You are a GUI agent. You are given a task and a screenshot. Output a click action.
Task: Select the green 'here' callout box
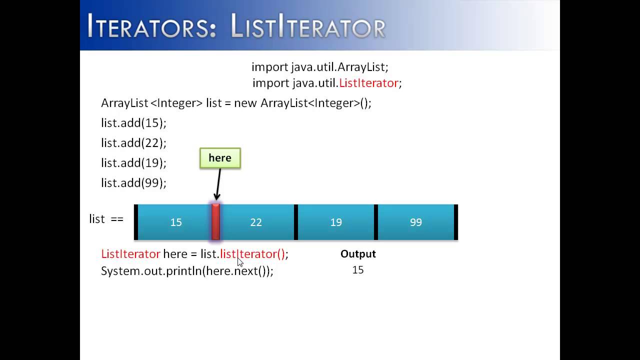(x=220, y=158)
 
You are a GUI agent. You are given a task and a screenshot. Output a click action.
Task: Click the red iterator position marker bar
(x=215, y=222)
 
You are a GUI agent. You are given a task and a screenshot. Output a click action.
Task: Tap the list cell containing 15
(x=175, y=222)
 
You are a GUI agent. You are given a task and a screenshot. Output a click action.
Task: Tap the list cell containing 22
(x=256, y=222)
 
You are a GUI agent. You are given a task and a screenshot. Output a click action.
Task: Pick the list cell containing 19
(x=336, y=222)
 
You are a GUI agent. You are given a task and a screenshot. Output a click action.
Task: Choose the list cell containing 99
(x=416, y=222)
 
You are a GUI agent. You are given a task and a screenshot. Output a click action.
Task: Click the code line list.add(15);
(x=133, y=123)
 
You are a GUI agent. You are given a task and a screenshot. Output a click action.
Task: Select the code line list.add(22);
(x=133, y=143)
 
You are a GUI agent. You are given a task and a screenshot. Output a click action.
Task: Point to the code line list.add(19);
(x=133, y=163)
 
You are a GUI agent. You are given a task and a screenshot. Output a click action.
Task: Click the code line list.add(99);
(x=133, y=183)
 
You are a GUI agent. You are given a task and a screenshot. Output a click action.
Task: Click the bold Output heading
(x=358, y=254)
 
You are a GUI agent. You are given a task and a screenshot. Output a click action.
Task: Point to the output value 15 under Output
(x=358, y=270)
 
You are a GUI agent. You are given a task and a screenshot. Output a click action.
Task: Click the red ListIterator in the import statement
(x=368, y=83)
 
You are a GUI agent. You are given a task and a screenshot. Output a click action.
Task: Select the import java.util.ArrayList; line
(x=320, y=67)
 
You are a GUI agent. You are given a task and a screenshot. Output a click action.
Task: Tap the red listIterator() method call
(x=252, y=254)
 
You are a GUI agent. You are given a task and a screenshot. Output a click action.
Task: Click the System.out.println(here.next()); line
(x=187, y=271)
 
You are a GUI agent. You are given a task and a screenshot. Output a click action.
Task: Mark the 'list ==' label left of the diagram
(x=106, y=219)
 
